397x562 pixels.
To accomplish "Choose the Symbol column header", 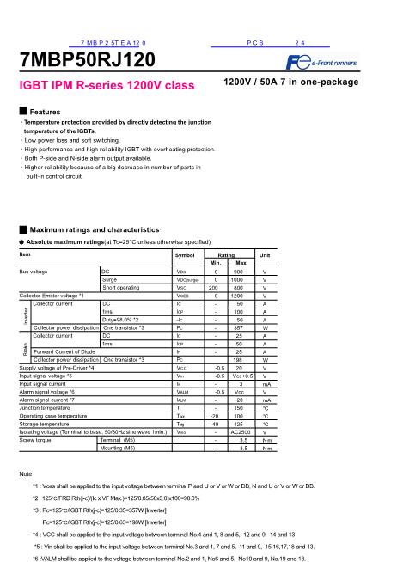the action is [x=185, y=256].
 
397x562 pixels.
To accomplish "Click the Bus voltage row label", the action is [x=35, y=272].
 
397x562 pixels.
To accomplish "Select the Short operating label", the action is [x=120, y=288].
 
